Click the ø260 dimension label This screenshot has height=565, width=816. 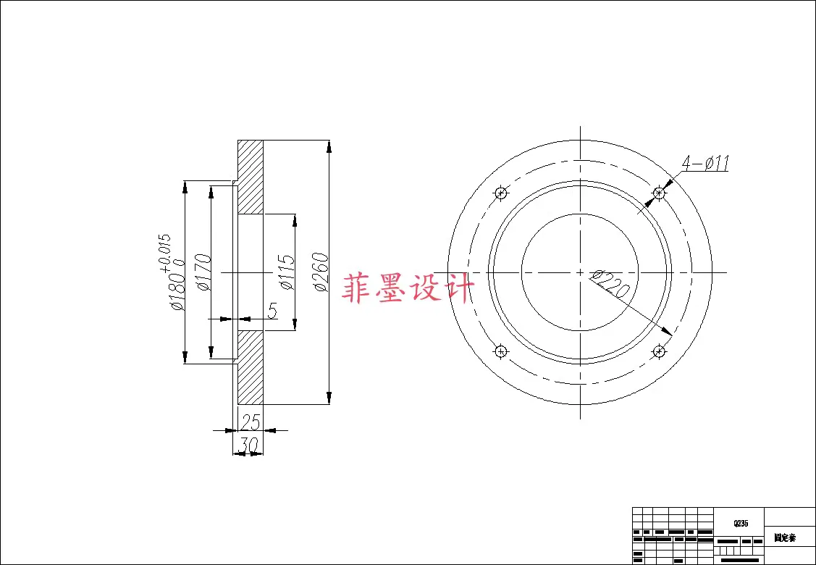[x=321, y=272]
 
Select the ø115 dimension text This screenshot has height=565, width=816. [x=287, y=272]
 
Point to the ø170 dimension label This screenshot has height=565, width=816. [x=203, y=272]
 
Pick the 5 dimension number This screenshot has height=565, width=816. [x=272, y=311]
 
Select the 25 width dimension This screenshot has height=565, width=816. [x=250, y=422]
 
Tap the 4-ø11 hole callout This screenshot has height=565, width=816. [x=704, y=163]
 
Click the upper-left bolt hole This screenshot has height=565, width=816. [x=500, y=193]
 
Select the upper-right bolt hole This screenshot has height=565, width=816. [x=659, y=193]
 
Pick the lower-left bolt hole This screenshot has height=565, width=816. [x=500, y=351]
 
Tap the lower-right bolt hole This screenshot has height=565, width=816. [x=659, y=351]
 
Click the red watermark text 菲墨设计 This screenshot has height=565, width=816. [x=410, y=288]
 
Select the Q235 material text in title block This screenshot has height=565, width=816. [x=740, y=523]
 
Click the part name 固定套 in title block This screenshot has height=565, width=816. [x=785, y=538]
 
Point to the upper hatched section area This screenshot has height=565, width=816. [x=251, y=177]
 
